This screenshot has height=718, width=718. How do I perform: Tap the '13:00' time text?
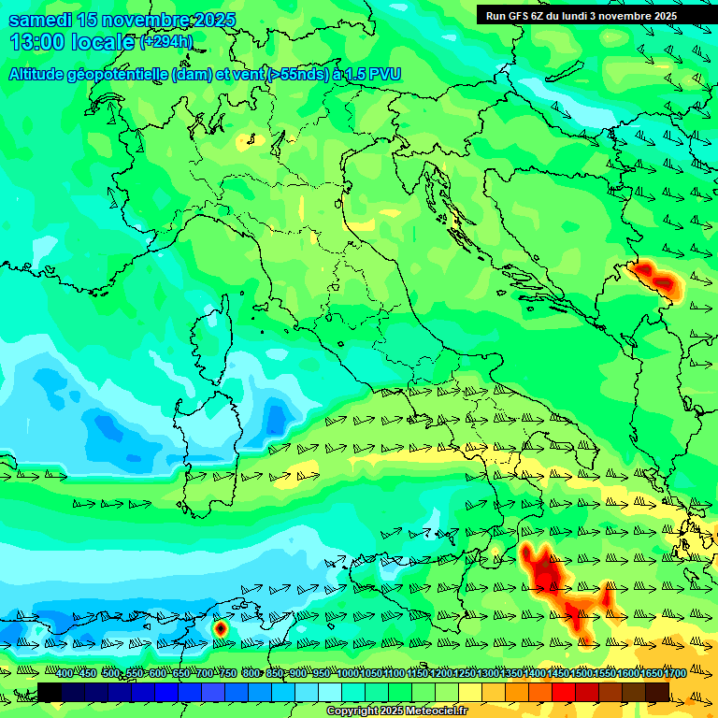tap(36, 42)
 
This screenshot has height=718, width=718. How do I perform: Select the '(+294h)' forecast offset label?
tap(166, 42)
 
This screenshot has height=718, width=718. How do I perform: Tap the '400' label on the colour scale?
tap(64, 674)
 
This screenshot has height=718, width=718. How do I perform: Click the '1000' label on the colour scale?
tap(347, 674)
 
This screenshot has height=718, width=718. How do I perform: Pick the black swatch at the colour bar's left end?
tap(50, 692)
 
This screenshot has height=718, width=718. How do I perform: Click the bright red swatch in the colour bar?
tap(564, 692)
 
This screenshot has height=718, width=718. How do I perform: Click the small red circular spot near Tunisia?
tap(221, 629)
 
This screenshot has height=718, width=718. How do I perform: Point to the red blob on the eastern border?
tap(656, 277)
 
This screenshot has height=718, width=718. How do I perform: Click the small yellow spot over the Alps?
tap(247, 141)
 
